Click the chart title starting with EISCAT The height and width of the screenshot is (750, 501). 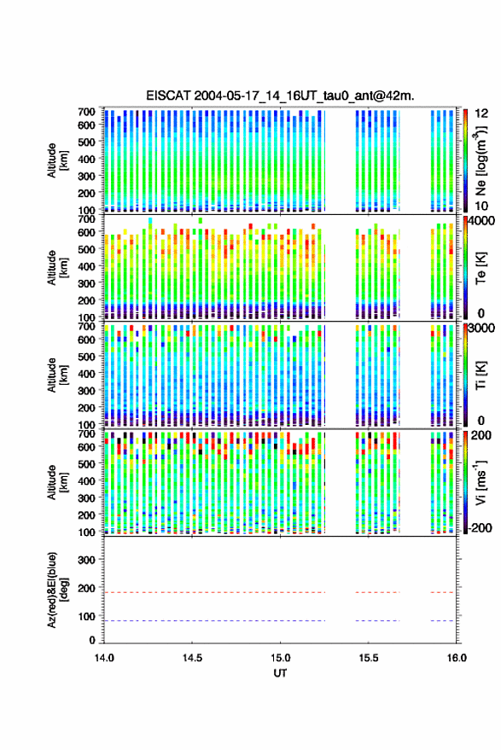pos(280,96)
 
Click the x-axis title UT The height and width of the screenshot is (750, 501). pos(280,673)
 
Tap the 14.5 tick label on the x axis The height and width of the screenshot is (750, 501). pos(192,658)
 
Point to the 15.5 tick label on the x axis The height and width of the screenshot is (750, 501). pos(368,658)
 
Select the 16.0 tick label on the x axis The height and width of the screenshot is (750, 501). pos(456,658)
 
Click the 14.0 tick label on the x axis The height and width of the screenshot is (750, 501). pos(104,658)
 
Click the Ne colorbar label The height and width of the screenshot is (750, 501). pos(481,160)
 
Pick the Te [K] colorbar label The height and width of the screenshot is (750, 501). pos(481,268)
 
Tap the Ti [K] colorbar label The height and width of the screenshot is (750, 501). pos(481,375)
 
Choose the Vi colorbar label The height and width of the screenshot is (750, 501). pos(481,482)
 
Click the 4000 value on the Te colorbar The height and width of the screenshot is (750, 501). pos(482,222)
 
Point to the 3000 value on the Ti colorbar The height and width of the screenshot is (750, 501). pos(482,328)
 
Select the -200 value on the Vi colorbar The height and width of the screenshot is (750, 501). pos(481,527)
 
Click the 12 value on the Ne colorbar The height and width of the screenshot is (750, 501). pos(481,113)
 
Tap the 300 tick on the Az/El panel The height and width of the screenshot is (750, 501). pos(86,560)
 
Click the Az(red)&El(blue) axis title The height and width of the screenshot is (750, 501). pos(58,590)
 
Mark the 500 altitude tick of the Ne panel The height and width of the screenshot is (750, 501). pos(86,142)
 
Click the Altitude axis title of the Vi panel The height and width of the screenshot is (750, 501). pos(57,482)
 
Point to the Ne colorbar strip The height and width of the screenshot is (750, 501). pos(466,160)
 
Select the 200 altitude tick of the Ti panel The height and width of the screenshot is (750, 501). pos(86,408)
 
